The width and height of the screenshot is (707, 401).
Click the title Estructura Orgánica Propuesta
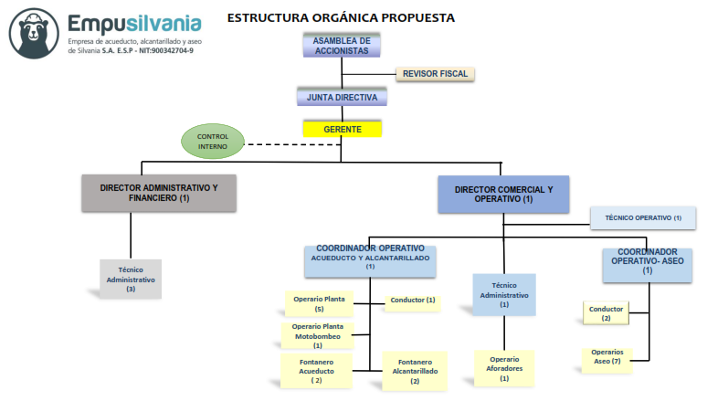tap(341, 17)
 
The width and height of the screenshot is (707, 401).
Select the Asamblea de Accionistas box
tap(341, 47)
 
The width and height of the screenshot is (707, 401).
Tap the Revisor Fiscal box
tap(435, 73)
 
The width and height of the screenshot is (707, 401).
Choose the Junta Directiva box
tap(342, 97)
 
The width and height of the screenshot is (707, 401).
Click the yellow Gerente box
tap(342, 129)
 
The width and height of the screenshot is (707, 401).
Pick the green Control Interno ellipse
tap(213, 141)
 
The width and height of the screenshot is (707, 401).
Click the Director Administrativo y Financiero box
tap(159, 193)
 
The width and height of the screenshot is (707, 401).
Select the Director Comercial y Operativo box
tap(502, 194)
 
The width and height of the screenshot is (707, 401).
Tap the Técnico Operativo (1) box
tap(642, 217)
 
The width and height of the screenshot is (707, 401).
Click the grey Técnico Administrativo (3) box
tap(131, 279)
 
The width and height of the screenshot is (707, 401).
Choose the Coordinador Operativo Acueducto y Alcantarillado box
tap(370, 259)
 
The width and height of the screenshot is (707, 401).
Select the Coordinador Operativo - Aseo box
tap(647, 263)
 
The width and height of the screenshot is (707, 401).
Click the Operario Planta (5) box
tap(319, 303)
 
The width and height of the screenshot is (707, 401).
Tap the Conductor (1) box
tap(413, 301)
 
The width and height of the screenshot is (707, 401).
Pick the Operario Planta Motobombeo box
tap(318, 335)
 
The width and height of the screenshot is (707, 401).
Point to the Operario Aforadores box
tap(504, 368)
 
